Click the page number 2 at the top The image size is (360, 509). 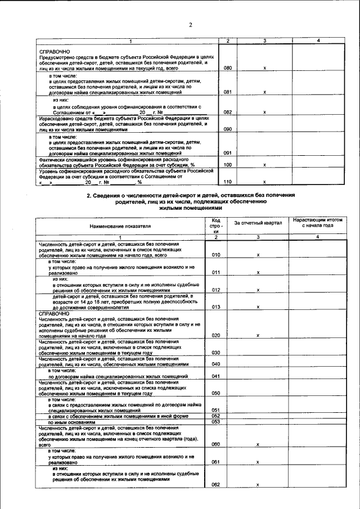click(x=191, y=24)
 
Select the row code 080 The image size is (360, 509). click(x=228, y=68)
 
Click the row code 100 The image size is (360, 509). click(x=228, y=165)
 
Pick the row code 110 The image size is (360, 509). click(x=228, y=182)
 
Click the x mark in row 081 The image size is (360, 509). click(x=264, y=91)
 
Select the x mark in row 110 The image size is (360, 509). click(x=264, y=182)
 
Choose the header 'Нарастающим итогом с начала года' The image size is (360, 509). click(x=318, y=222)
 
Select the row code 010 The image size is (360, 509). click(x=215, y=255)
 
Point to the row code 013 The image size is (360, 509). click(x=215, y=307)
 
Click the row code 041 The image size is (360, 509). click(x=215, y=376)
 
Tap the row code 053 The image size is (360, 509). click(x=215, y=421)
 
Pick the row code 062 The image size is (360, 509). click(x=215, y=484)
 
